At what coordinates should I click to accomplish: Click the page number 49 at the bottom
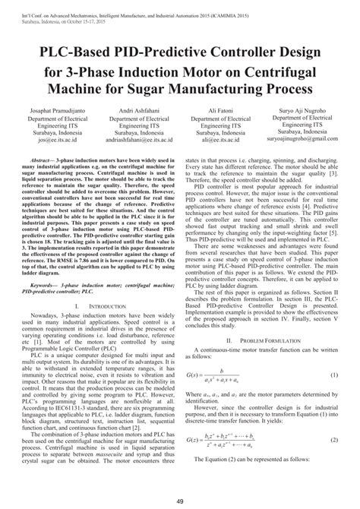pos(180,499)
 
